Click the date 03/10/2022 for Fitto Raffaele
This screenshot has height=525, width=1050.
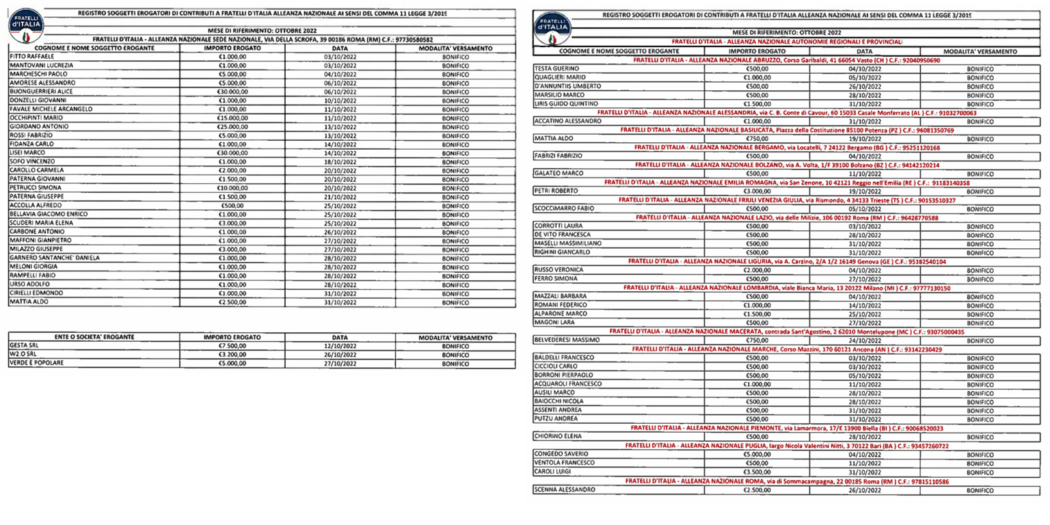pos(336,57)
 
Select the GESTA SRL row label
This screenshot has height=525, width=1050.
pos(23,346)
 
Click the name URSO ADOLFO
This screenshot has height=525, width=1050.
pos(29,284)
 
